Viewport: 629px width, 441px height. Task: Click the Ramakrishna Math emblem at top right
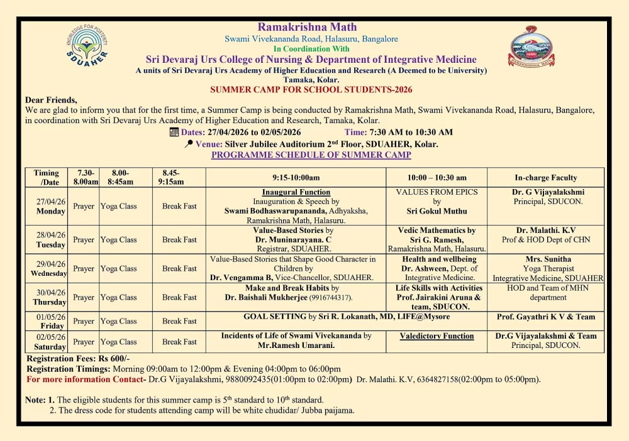pos(532,46)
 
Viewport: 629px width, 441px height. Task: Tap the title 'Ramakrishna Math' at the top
pos(307,27)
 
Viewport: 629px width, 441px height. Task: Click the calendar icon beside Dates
pos(174,132)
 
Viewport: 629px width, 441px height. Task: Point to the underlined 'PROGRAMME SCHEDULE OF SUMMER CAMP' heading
pos(311,155)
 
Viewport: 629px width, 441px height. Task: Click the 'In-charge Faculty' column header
pos(545,178)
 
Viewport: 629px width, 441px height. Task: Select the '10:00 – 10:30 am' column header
pos(437,178)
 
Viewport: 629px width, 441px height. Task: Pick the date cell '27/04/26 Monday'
pos(50,206)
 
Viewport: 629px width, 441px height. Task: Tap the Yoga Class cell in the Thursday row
pos(119,297)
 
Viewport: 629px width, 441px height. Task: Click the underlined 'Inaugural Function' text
pos(296,192)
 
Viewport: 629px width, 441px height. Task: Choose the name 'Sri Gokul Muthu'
pos(437,212)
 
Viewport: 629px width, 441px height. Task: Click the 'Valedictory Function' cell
pos(437,336)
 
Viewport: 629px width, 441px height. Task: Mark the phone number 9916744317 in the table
pos(330,298)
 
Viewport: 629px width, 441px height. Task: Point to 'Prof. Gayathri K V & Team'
pos(545,317)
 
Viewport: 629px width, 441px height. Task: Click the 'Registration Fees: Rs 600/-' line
pos(78,359)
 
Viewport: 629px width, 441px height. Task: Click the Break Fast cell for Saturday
pos(179,342)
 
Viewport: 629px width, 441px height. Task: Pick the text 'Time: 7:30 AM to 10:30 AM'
pos(399,132)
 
